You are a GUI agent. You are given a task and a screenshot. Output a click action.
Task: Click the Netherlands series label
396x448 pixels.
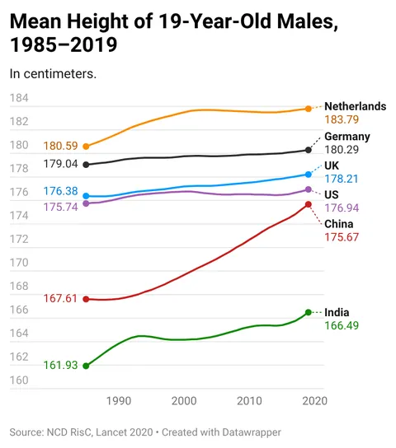(x=355, y=106)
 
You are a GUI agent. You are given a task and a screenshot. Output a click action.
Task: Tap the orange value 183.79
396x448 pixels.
(x=342, y=120)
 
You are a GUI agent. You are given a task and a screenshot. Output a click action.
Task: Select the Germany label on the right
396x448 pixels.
(x=346, y=137)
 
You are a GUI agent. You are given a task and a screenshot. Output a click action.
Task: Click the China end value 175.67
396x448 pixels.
(x=342, y=237)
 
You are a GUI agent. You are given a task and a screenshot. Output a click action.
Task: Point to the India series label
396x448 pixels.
(x=337, y=312)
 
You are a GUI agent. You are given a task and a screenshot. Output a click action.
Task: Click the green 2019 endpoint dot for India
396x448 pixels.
(x=309, y=312)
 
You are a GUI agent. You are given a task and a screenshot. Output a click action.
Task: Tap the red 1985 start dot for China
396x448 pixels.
(x=86, y=299)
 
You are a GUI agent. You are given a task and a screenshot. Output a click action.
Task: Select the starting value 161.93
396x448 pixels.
(x=59, y=366)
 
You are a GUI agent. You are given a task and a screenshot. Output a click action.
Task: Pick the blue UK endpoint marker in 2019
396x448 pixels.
(x=309, y=175)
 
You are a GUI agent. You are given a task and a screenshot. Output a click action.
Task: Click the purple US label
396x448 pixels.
(x=332, y=194)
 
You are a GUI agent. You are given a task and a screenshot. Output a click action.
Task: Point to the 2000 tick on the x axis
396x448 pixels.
(x=184, y=401)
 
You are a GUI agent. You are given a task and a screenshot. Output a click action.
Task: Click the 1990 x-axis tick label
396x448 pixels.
(x=119, y=401)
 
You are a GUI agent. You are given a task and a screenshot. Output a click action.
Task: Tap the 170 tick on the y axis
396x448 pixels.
(x=19, y=264)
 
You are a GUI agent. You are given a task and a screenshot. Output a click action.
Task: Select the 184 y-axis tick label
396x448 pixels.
(x=19, y=98)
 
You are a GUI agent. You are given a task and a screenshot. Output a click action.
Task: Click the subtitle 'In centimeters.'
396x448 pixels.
(x=53, y=73)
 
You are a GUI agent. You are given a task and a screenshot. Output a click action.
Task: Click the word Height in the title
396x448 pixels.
(x=97, y=21)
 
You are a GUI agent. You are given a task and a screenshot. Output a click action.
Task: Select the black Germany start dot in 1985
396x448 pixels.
(x=86, y=165)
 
